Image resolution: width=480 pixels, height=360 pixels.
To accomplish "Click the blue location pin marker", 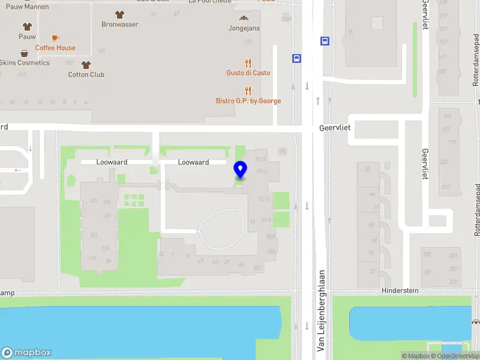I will [240, 170].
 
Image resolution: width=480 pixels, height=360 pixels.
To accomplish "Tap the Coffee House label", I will [55, 48].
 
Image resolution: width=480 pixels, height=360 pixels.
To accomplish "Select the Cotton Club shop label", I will [86, 74].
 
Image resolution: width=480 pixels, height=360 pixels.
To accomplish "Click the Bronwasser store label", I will [120, 25].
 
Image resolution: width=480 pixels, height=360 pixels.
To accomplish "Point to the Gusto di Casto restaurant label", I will [248, 73].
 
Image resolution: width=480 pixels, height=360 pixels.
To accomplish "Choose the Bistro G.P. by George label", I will [248, 101].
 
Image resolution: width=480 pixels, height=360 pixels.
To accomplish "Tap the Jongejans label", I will [244, 28].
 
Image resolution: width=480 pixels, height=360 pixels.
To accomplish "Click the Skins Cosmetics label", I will [24, 63].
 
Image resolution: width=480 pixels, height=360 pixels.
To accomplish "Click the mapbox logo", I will [26, 353].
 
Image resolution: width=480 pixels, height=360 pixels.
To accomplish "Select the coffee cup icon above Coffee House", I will [55, 38].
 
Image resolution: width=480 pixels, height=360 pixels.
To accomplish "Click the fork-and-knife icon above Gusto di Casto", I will [248, 62].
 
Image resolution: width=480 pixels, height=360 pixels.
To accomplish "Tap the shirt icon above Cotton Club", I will [86, 65].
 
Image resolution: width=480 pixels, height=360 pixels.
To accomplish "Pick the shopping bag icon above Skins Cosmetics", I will [24, 53].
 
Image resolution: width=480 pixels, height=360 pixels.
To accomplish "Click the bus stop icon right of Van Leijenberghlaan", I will [325, 41].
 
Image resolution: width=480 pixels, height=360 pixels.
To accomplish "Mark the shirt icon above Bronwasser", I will [120, 14].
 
